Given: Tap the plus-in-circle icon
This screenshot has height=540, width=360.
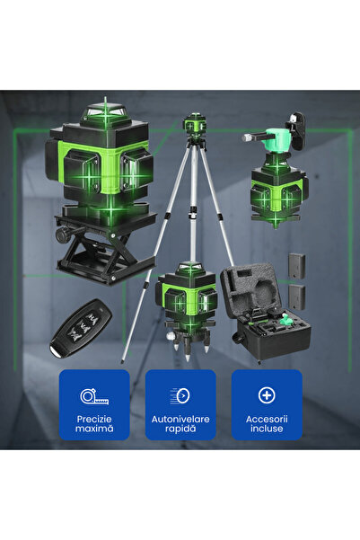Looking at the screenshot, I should click(267, 395).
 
